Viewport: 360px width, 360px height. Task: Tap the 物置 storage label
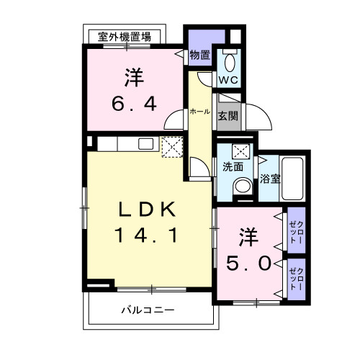199,55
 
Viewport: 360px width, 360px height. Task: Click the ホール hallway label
199,112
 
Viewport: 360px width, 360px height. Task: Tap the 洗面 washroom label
233,166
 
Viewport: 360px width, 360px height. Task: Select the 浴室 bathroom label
270,178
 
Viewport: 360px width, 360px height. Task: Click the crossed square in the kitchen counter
173,147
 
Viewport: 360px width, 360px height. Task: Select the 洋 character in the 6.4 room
133,76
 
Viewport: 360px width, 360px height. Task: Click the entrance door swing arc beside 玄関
260,115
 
